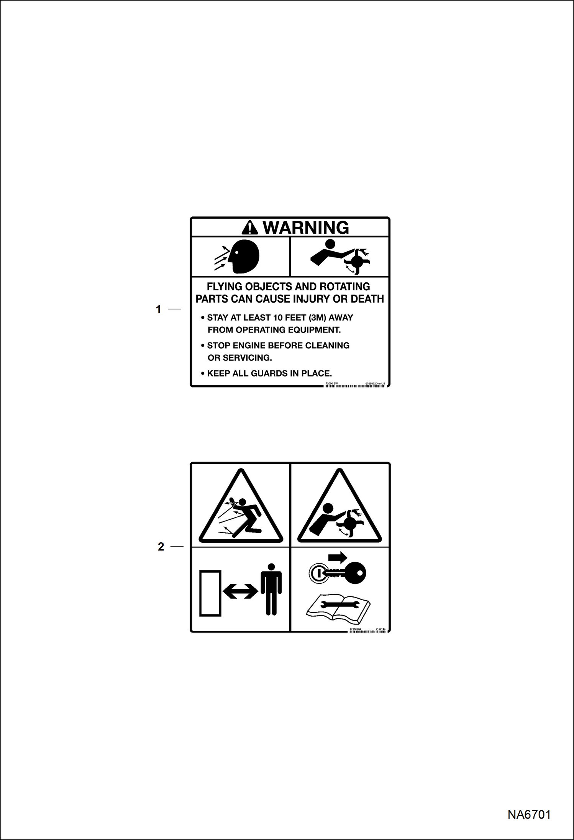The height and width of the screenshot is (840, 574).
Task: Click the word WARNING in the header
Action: coord(306,228)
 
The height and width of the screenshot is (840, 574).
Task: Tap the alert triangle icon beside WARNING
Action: coord(250,228)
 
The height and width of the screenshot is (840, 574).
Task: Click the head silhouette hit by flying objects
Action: coord(244,256)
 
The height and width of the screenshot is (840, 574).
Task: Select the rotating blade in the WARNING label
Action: coord(358,262)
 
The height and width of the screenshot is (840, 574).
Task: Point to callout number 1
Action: coord(158,309)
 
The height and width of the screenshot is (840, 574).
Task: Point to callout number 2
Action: coord(161,547)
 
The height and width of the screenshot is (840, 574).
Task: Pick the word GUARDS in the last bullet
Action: coord(269,373)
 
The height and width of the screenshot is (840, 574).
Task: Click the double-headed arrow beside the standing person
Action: coord(240,591)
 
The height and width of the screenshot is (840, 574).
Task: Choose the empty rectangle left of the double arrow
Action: coord(210,593)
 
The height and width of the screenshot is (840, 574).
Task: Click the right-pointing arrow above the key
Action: coord(338,557)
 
